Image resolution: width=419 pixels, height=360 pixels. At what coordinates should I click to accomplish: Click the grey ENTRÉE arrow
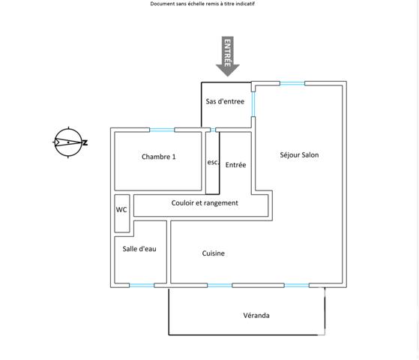click(x=228, y=56)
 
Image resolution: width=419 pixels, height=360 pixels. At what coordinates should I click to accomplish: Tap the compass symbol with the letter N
click(x=70, y=142)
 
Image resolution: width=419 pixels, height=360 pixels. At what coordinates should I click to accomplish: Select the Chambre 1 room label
click(x=159, y=157)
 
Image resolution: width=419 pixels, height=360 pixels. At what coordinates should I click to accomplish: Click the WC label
click(x=121, y=209)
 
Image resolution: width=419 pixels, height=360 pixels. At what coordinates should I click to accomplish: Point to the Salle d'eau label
click(x=139, y=249)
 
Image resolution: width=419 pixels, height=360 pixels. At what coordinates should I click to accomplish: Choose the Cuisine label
click(x=213, y=253)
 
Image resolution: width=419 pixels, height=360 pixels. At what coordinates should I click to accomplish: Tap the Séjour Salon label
click(x=299, y=154)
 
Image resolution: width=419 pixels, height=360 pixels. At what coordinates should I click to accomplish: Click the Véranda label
click(x=256, y=315)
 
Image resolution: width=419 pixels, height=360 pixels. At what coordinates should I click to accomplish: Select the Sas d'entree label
click(x=225, y=101)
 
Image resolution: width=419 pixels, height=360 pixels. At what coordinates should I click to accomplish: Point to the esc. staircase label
click(x=213, y=162)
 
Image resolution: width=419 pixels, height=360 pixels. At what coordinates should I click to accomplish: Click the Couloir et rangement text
click(x=205, y=203)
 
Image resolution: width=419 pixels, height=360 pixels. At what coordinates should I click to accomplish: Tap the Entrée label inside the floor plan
click(x=235, y=165)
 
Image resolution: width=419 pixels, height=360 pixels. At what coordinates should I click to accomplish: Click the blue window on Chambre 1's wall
click(x=162, y=130)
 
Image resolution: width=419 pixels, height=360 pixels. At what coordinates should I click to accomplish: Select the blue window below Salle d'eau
click(x=142, y=286)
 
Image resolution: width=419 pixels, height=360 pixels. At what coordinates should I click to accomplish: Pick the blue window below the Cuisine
click(x=220, y=286)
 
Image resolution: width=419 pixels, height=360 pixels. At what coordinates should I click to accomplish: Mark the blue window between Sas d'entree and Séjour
click(x=253, y=104)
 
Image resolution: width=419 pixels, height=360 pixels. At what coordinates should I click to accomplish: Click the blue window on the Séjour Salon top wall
click(x=292, y=83)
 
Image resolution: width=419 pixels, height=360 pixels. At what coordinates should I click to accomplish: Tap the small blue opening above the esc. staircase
click(x=213, y=130)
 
